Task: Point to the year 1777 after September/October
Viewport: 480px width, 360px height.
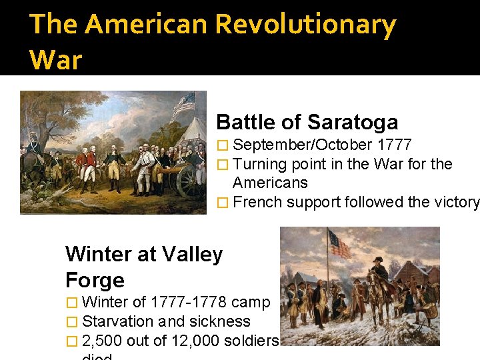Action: tap(395, 145)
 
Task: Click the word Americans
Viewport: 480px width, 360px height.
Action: tap(270, 183)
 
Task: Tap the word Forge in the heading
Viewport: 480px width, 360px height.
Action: tap(95, 280)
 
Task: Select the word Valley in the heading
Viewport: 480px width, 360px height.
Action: tap(193, 254)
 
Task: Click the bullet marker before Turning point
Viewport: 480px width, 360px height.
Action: tap(223, 164)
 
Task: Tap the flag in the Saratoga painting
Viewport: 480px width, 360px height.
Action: tap(183, 103)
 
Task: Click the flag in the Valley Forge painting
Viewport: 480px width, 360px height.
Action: tap(339, 244)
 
